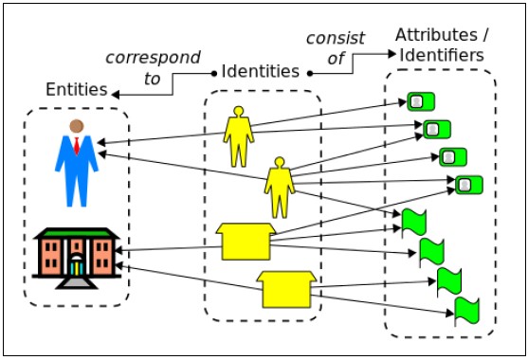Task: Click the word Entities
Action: pyautogui.click(x=76, y=90)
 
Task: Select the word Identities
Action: pyautogui.click(x=260, y=71)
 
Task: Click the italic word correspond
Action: pyautogui.click(x=153, y=58)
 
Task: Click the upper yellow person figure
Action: pyautogui.click(x=238, y=136)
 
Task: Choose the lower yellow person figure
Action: pyautogui.click(x=279, y=188)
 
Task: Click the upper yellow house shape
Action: pyautogui.click(x=245, y=241)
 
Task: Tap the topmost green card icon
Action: pyautogui.click(x=420, y=101)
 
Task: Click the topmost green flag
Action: pyautogui.click(x=414, y=223)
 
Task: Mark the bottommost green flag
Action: pyautogui.click(x=466, y=309)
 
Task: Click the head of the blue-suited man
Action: pyautogui.click(x=76, y=126)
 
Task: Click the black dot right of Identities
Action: pyautogui.click(x=309, y=72)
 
